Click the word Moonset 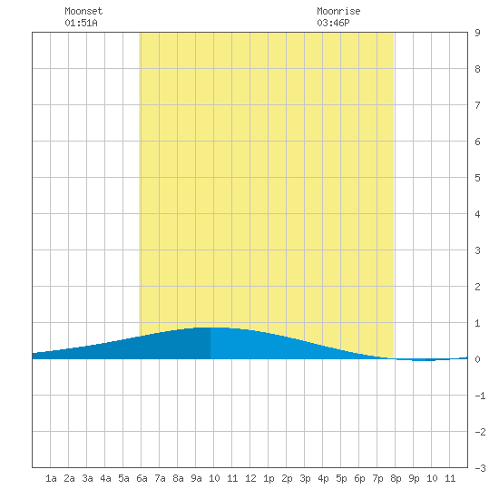(83, 11)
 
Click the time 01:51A (81, 23)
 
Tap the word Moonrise (338, 11)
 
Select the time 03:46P (333, 23)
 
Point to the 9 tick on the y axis (477, 33)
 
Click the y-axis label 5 (477, 178)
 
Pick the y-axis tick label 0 (477, 359)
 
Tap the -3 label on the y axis (480, 468)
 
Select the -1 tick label (480, 396)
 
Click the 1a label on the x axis (51, 478)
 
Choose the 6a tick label (142, 478)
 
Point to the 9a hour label (196, 478)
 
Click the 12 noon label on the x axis (250, 478)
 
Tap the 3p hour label (305, 478)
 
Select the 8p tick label (396, 478)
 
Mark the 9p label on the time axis (414, 478)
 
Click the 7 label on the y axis (477, 105)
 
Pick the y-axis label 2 (477, 287)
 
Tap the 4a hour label (105, 478)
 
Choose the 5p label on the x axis (341, 478)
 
